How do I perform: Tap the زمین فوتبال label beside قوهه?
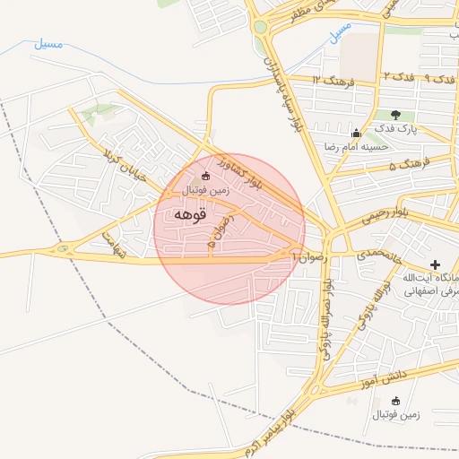206,190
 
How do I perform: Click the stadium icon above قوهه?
206,177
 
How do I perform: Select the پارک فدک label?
395,129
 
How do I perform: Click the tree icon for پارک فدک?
396,115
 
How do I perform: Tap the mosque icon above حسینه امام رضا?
357,133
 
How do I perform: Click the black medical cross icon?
435,264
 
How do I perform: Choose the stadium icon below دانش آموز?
395,401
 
